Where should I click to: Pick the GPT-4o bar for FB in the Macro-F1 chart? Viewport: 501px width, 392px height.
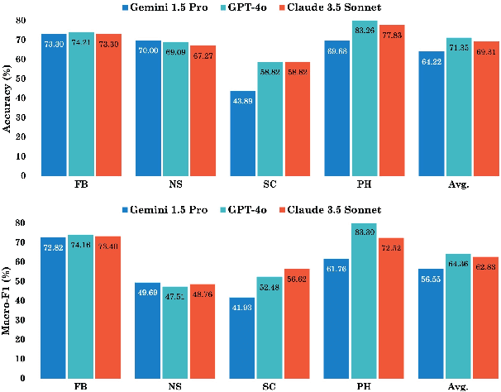click(80, 307)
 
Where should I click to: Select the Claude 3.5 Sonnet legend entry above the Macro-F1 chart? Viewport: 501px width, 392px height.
click(329, 210)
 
